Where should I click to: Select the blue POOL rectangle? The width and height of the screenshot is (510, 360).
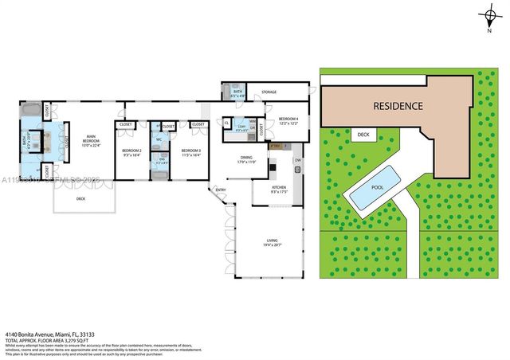click(379, 189)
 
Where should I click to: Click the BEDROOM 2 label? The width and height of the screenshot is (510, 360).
click(131, 151)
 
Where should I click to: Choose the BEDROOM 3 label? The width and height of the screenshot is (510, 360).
click(190, 151)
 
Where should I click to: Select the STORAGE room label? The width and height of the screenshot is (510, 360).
click(269, 92)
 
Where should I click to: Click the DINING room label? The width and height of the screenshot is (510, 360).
click(246, 158)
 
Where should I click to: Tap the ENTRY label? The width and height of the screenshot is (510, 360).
click(220, 190)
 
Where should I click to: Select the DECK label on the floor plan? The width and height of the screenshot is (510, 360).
click(80, 198)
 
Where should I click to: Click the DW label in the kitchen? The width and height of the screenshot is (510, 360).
click(297, 161)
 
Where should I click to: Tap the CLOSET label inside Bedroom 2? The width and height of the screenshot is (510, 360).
click(126, 125)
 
